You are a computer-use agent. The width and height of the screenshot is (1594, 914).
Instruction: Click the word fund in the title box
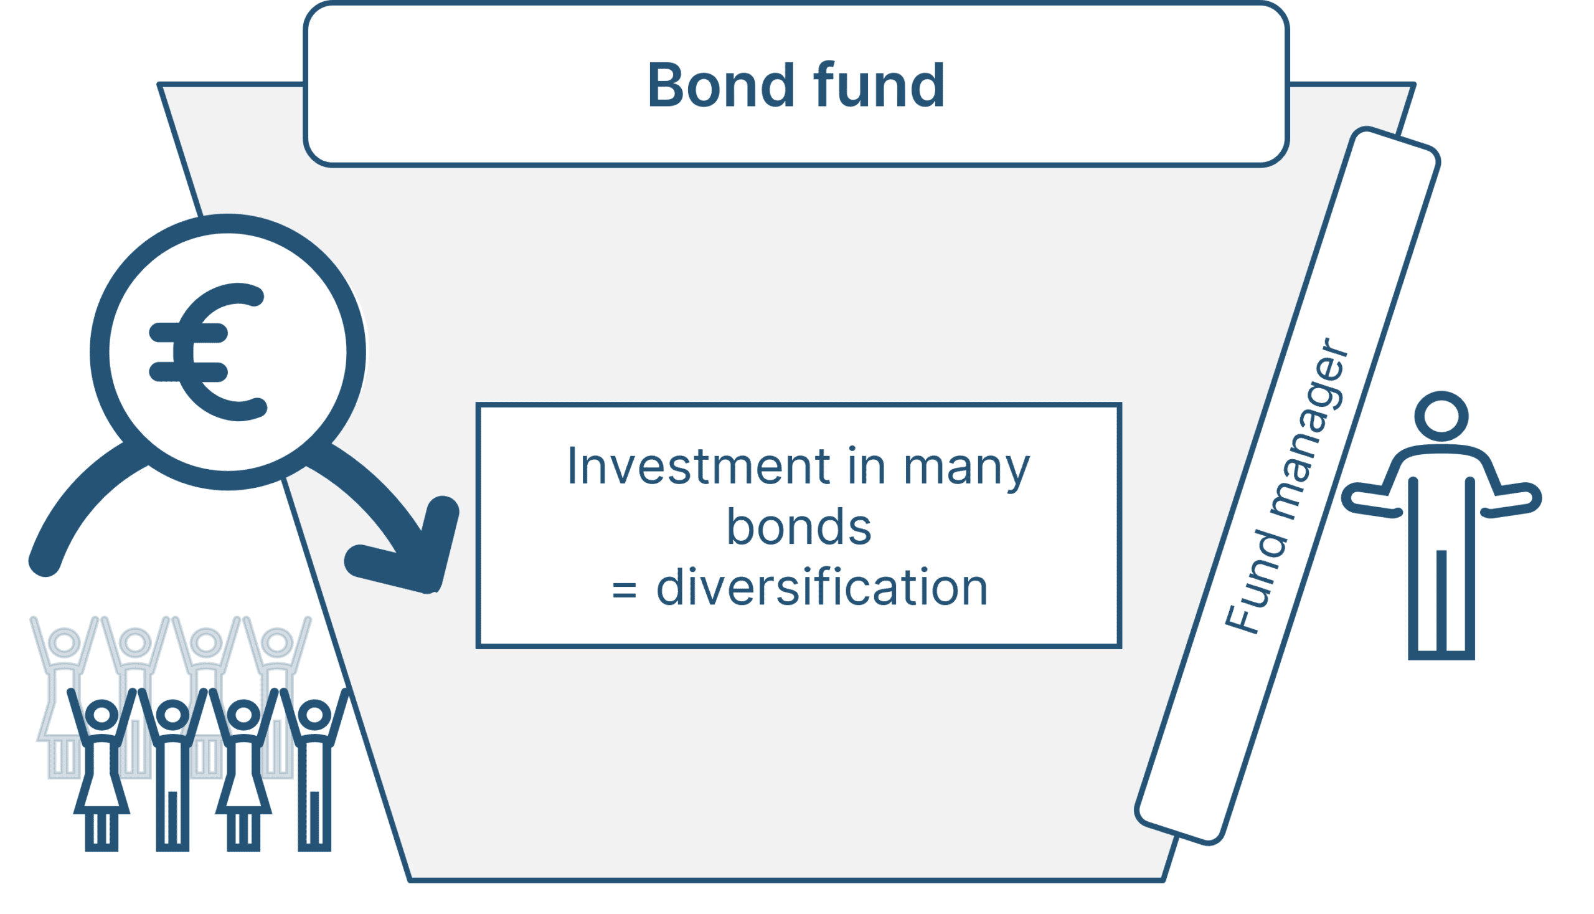878,85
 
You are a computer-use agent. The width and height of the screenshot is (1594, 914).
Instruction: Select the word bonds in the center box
799,526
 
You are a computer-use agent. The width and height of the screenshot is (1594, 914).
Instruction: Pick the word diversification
822,587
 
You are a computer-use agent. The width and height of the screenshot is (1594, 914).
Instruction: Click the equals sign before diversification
624,591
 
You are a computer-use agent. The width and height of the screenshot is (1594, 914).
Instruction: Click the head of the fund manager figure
1441,417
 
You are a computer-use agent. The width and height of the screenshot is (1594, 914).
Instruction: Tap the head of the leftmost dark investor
101,715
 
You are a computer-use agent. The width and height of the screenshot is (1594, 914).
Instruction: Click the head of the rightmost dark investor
314,715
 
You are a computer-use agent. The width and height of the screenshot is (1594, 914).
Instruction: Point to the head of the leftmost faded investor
64,642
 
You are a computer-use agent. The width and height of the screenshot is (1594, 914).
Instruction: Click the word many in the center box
967,470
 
